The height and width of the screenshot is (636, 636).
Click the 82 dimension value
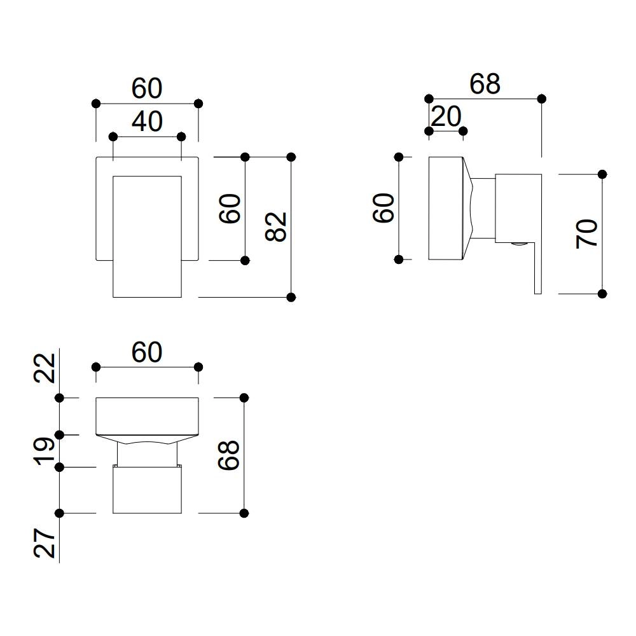click(277, 226)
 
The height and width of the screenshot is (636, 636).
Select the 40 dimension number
click(147, 121)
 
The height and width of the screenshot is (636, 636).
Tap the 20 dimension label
click(446, 116)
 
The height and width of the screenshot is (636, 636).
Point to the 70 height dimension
click(586, 233)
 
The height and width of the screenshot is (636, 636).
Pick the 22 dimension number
click(45, 367)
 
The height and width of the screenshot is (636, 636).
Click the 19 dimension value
click(45, 451)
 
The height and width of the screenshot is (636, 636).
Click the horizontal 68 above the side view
click(485, 84)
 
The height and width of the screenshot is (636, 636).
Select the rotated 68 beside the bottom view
click(229, 455)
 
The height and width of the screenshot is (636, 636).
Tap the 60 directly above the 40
click(147, 89)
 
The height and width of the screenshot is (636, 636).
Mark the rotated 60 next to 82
click(230, 209)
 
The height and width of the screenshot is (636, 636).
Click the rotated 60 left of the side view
click(384, 208)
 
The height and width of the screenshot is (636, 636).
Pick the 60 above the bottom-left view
click(147, 352)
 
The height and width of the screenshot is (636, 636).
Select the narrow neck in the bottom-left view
click(147, 453)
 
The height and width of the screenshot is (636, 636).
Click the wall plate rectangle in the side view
click(446, 208)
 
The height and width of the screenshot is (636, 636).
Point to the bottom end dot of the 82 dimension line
click(291, 297)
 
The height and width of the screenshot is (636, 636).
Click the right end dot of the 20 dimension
click(463, 131)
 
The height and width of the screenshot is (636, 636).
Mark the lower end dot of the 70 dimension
click(602, 294)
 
